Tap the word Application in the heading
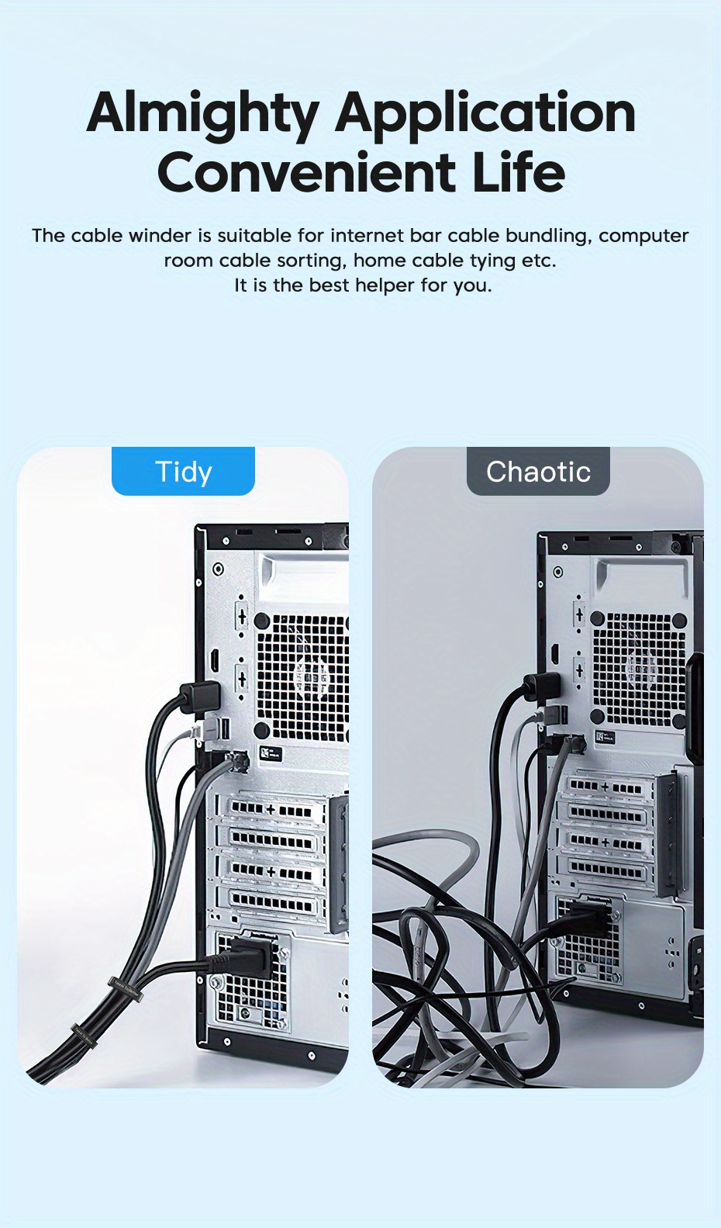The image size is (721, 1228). tap(485, 114)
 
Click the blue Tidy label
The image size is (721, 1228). tap(183, 472)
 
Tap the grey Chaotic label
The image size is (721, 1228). tap(538, 472)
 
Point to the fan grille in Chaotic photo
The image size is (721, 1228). tap(639, 667)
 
